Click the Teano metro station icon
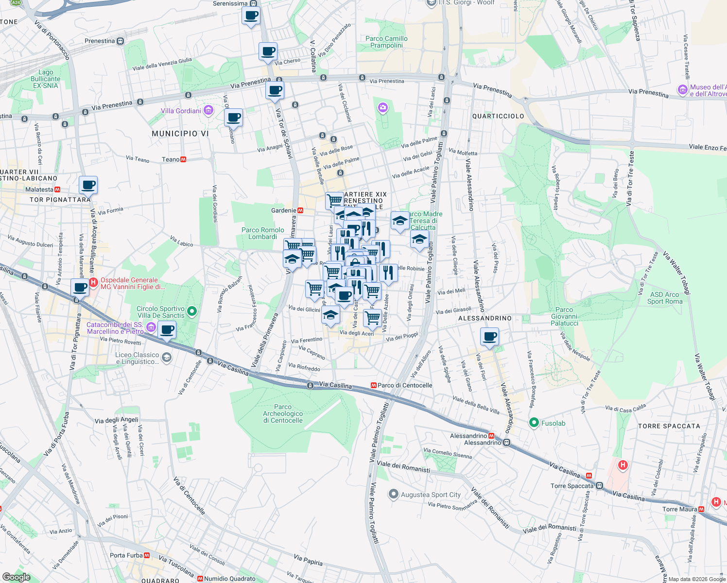[x=183, y=159]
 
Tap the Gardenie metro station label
[x=283, y=210]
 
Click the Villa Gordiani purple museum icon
[x=208, y=111]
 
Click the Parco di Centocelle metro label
[x=404, y=385]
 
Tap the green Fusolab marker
[x=534, y=423]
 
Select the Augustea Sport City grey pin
[x=393, y=494]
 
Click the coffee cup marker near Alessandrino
[x=489, y=336]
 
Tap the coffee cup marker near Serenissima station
[x=251, y=16]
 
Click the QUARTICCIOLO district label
[x=498, y=116]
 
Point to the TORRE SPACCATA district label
[x=669, y=426]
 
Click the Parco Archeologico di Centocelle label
[x=283, y=413]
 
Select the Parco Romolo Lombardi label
[x=262, y=233]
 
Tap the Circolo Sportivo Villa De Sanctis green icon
[x=192, y=311]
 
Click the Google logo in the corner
[x=16, y=577]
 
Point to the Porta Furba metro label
[x=126, y=555]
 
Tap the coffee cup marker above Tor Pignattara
[x=88, y=185]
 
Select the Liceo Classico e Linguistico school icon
[x=166, y=358]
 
